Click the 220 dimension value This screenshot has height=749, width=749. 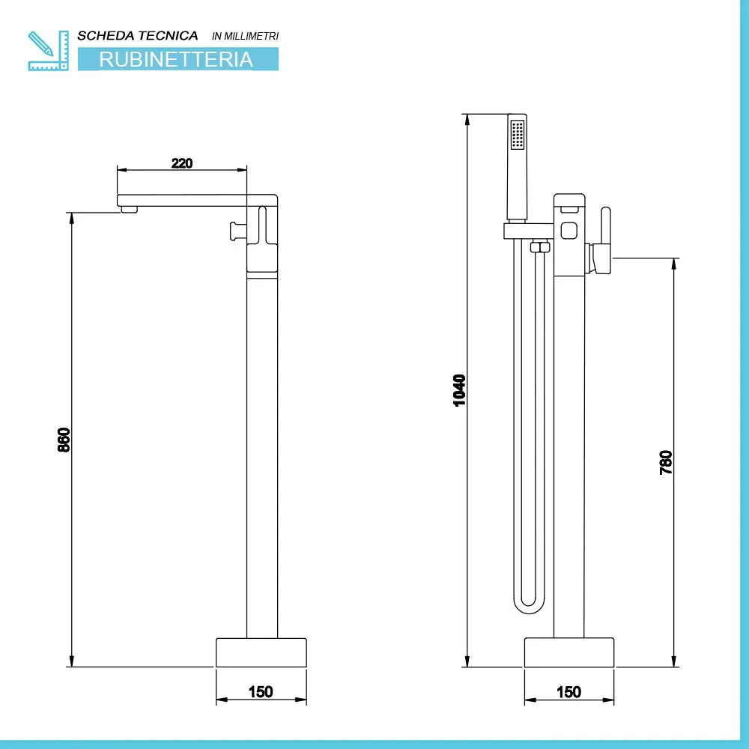point(182,163)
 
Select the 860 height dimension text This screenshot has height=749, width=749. point(64,439)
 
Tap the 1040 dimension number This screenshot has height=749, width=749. point(460,389)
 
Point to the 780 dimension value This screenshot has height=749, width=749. point(666,462)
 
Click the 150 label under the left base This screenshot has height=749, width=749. point(261,692)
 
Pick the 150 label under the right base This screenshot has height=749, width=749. point(569,692)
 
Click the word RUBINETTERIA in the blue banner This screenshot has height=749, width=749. point(177,59)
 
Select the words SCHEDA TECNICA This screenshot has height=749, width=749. point(138,35)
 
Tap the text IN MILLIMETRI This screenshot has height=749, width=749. point(246,36)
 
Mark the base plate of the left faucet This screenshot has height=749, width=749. point(261,652)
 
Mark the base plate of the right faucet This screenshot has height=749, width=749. point(569,652)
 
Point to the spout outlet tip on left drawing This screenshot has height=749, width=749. point(129,210)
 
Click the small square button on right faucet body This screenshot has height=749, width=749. point(568,229)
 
